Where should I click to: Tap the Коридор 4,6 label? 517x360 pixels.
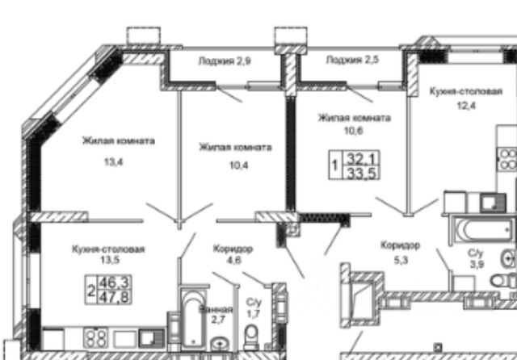(x=233, y=254)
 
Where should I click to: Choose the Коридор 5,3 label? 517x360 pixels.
(x=400, y=250)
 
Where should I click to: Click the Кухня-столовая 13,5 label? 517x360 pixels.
(x=107, y=255)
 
